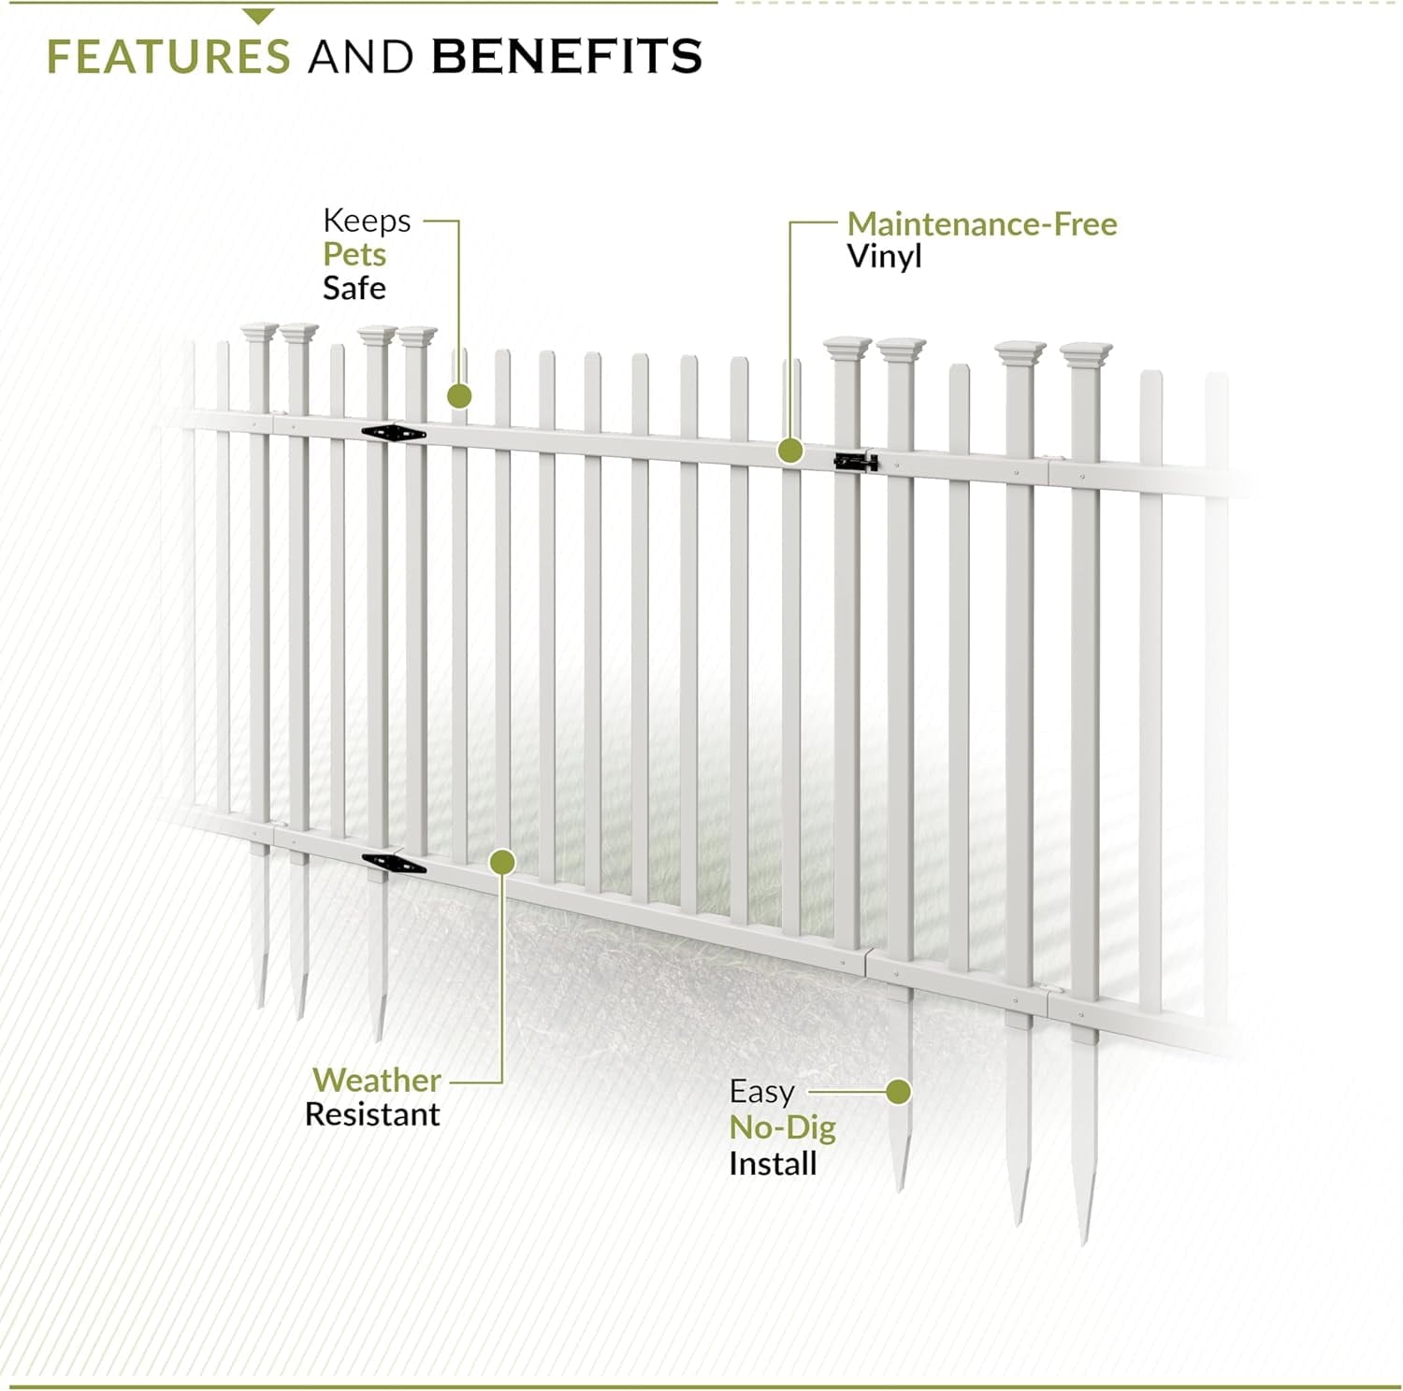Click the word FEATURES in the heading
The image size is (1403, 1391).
coord(168,56)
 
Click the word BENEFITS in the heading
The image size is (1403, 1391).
coord(567,56)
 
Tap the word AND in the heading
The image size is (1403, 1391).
coord(361,56)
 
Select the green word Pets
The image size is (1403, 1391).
coord(354,254)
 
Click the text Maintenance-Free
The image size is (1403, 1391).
coord(982,224)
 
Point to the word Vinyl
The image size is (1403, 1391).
coord(884,257)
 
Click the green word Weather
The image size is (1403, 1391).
coord(377,1081)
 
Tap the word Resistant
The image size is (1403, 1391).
coord(372,1114)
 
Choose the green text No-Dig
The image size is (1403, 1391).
coord(783,1128)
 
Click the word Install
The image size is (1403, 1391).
coord(773,1164)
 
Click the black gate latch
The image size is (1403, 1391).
coord(856,461)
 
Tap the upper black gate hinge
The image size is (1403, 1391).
coord(394,433)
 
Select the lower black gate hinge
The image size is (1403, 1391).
coord(394,864)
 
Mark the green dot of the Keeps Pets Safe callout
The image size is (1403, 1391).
coord(459,396)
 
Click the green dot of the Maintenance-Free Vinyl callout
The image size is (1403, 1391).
coord(790,452)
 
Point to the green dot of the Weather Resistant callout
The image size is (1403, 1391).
coord(503,861)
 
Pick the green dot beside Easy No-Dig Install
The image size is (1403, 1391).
coord(899,1092)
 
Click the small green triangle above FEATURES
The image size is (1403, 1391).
coord(258,16)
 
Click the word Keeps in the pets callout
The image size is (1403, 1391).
coord(367,222)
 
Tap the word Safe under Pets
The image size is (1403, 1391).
coord(354,288)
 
